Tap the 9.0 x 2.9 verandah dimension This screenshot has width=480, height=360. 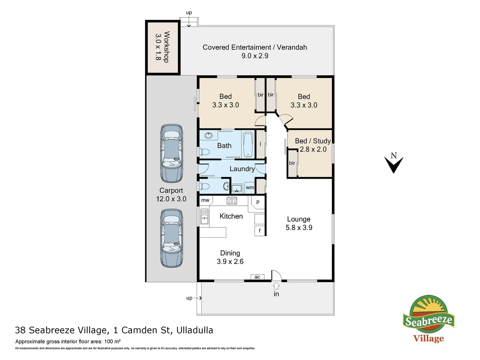(x=255, y=56)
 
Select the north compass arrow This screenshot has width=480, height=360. (x=394, y=165)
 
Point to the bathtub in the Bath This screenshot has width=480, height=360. (x=248, y=144)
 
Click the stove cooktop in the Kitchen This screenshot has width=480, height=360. (x=232, y=201)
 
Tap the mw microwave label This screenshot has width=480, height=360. (x=205, y=200)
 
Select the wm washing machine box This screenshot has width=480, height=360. (x=250, y=188)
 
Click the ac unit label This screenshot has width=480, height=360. (x=257, y=277)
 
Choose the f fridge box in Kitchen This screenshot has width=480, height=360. (x=260, y=231)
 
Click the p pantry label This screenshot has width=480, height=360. (x=258, y=202)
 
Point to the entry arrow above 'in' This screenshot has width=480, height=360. (x=276, y=286)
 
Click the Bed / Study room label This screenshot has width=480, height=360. (x=313, y=141)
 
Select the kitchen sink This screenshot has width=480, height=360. (x=204, y=216)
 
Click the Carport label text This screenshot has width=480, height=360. (x=171, y=191)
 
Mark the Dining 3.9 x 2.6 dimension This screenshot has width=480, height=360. (x=230, y=262)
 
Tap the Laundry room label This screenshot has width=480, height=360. (x=242, y=169)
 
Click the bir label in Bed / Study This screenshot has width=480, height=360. (x=292, y=163)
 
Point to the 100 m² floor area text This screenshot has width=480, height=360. (x=112, y=341)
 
